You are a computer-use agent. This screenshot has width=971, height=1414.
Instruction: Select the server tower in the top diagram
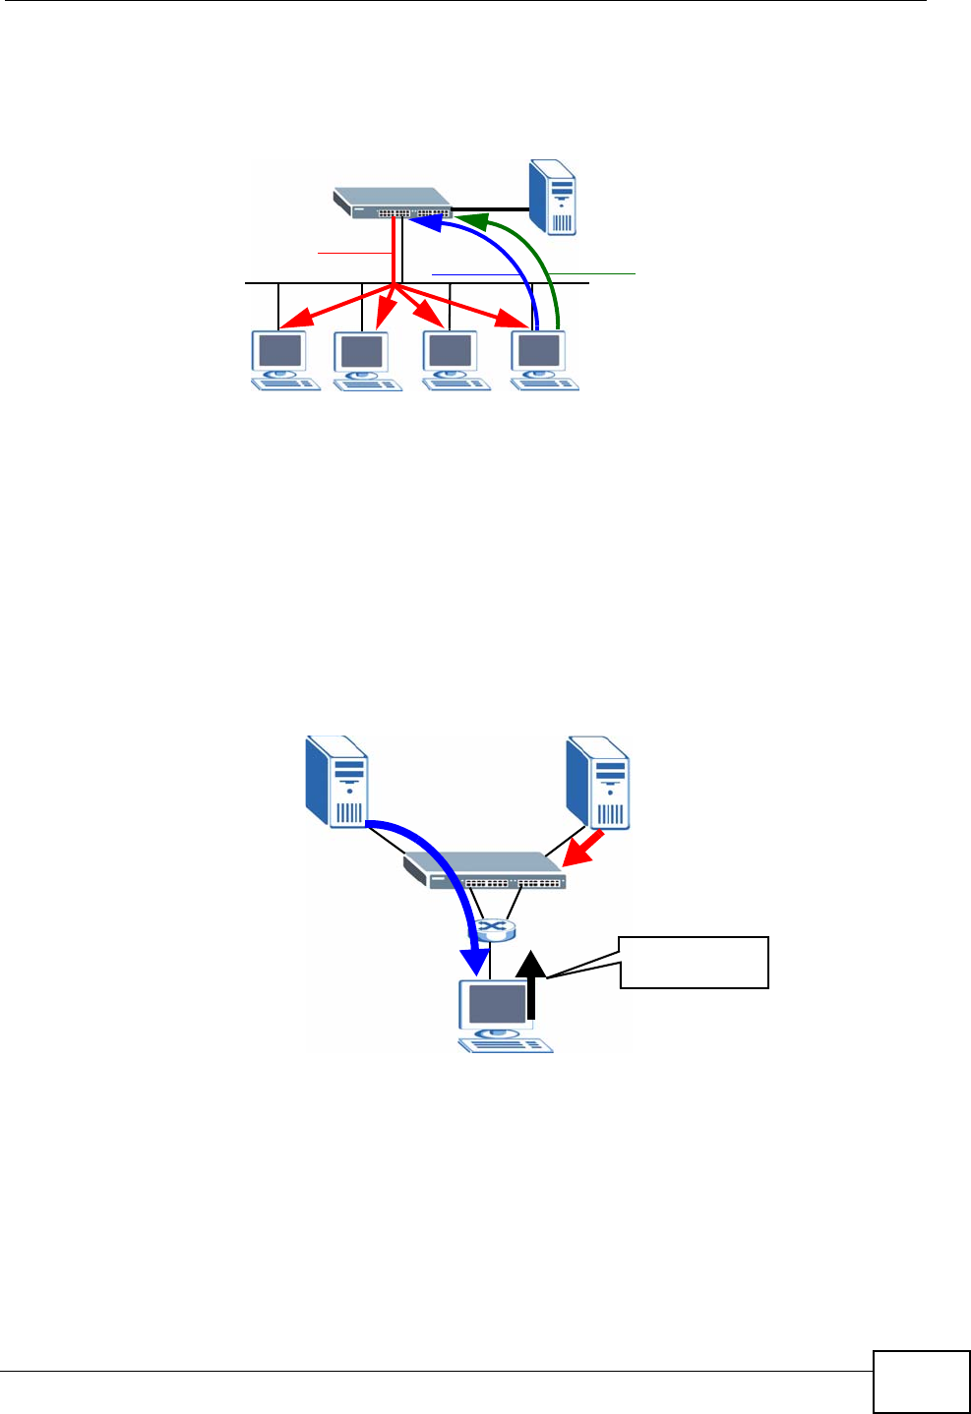pos(552,197)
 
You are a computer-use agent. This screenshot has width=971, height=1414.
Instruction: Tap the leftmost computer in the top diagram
pos(282,360)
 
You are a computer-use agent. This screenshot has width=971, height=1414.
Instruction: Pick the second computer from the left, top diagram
pos(366,361)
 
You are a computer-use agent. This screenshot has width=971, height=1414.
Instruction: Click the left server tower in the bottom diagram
pos(336,782)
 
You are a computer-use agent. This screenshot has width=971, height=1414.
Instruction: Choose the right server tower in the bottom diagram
pos(598,782)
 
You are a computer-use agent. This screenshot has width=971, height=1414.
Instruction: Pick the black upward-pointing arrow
pos(531,983)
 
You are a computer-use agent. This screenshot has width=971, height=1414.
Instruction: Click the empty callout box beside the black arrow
pos(694,962)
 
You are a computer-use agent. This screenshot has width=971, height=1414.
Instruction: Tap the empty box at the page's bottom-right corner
pos(921,1382)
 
